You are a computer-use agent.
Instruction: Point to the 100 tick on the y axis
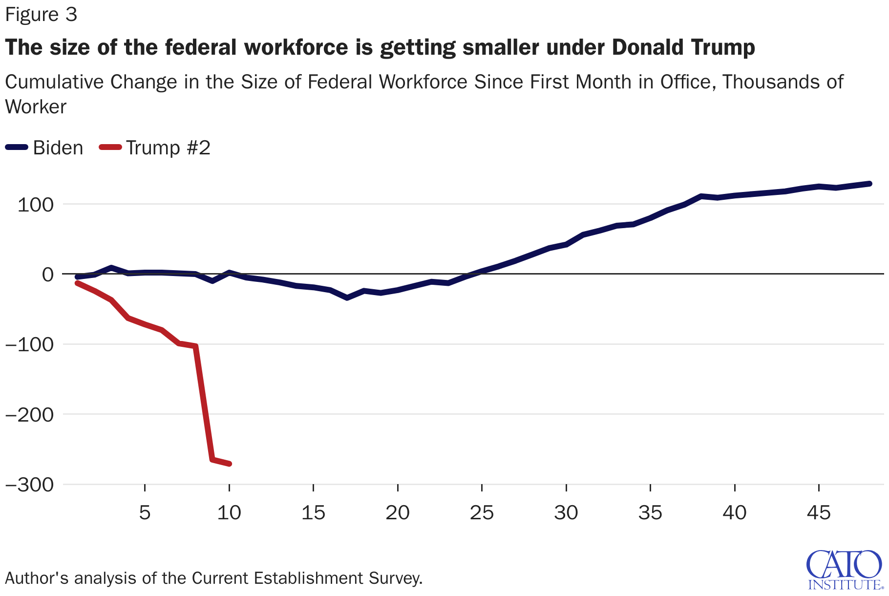click(x=35, y=205)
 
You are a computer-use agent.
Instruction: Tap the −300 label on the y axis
click(x=29, y=485)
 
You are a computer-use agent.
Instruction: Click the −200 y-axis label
click(x=29, y=415)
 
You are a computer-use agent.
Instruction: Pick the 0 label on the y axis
click(x=47, y=275)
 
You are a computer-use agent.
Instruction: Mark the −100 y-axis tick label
click(x=29, y=345)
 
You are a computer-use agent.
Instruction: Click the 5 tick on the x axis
click(x=145, y=513)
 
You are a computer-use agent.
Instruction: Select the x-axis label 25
click(x=482, y=513)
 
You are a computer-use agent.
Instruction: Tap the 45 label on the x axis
click(x=819, y=513)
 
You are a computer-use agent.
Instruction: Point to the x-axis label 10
click(x=229, y=513)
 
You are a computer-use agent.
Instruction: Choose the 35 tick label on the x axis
click(x=650, y=513)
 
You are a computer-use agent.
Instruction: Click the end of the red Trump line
click(x=229, y=464)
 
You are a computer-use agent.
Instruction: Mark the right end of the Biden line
click(x=869, y=184)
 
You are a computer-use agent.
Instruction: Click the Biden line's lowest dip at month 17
click(x=347, y=298)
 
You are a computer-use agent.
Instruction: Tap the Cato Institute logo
click(x=845, y=570)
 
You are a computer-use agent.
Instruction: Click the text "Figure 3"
click(x=41, y=15)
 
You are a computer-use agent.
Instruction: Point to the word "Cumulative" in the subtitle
click(x=55, y=82)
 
